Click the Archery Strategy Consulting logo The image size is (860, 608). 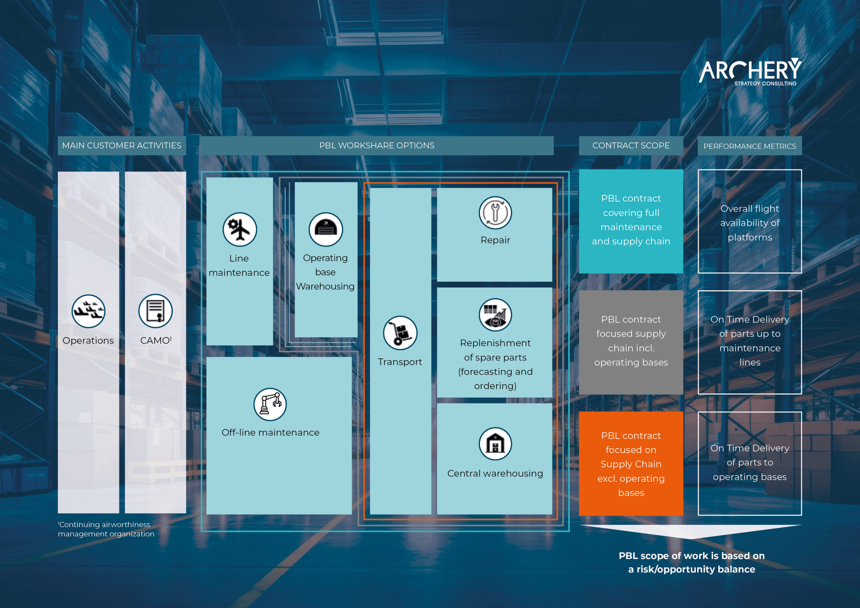coord(750,72)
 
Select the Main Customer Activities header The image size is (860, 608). coord(122,145)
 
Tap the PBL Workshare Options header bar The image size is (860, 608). coord(377,145)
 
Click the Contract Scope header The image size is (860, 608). coord(631,145)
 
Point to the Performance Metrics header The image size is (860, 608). coord(749,146)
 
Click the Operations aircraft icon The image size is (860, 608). coord(88,311)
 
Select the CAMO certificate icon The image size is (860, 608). coord(156,311)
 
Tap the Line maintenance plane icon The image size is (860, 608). coord(240,229)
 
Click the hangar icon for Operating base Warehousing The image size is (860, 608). coord(326,229)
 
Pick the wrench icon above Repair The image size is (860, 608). coord(495,213)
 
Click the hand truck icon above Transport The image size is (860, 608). coord(400,333)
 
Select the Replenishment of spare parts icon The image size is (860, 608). coord(495,315)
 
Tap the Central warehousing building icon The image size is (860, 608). coord(495,443)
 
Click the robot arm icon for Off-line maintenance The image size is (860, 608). coord(270,404)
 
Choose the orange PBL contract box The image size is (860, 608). coord(631,464)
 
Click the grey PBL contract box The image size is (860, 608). coord(631,342)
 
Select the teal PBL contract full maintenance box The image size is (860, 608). coord(631,221)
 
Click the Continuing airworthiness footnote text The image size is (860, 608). coord(106,529)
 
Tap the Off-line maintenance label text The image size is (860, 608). coord(270,432)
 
